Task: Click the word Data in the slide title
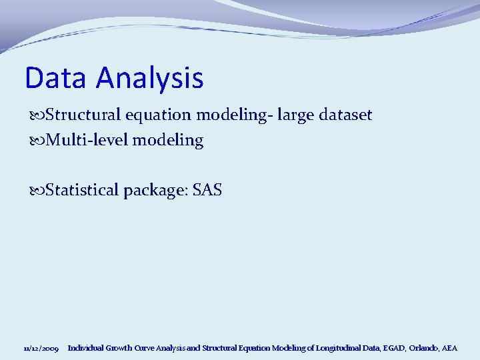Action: click(57, 78)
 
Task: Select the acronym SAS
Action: click(207, 191)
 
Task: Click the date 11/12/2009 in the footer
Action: click(41, 349)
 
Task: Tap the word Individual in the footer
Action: click(85, 348)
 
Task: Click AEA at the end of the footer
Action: click(450, 348)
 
